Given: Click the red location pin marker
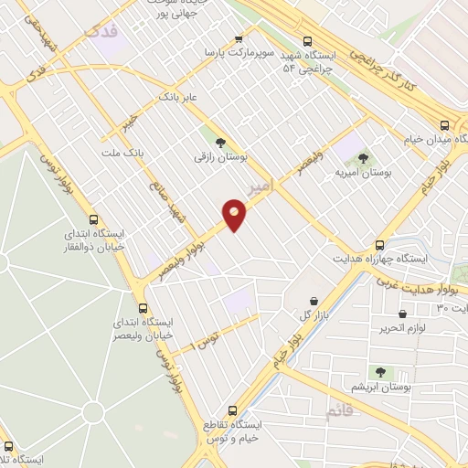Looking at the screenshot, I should pos(235,215).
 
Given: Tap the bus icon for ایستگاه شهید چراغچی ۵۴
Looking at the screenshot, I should pos(307,41).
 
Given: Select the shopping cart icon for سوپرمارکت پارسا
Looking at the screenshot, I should pos(239,39).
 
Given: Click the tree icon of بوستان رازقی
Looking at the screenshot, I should pos(219,141).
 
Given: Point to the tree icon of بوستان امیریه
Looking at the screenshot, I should pos(364,158).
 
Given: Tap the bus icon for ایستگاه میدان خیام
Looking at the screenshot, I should pos(444,125).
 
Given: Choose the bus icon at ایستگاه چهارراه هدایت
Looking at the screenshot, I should pos(380,245).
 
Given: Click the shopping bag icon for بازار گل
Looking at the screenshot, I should pos(314,301).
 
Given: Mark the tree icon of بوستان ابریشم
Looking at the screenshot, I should pos(381,373).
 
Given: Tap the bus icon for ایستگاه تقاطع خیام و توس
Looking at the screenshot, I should pos(232,410).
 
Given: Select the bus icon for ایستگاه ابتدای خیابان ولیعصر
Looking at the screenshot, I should pos(143,308).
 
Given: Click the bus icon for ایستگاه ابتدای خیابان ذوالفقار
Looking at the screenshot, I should pos(92,219).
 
